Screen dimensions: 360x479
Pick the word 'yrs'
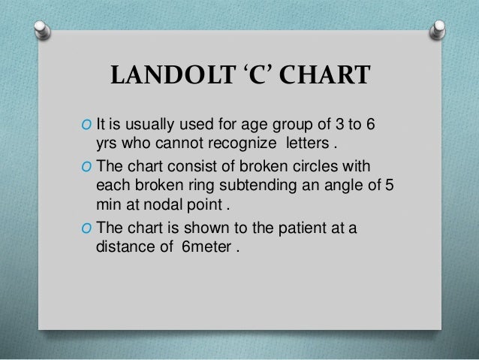109,144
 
